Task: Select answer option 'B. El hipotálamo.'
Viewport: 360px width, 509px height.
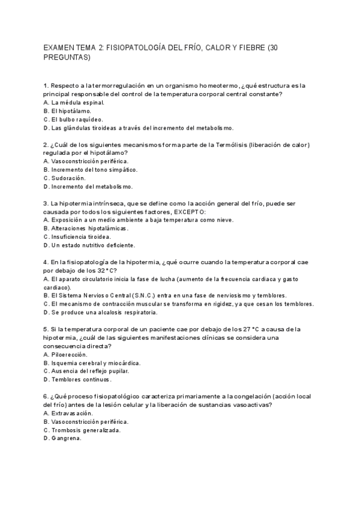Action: pos(68,111)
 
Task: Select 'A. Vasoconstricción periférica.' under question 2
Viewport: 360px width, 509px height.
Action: pos(86,161)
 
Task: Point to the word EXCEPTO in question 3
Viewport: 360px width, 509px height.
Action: pos(190,212)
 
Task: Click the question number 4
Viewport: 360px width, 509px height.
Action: pos(46,262)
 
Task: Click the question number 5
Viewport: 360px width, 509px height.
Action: pos(46,329)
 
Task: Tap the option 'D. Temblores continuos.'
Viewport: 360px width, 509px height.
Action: pos(77,379)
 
